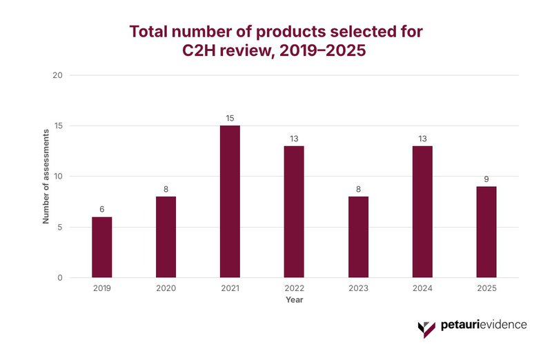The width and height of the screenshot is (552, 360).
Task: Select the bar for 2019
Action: coord(101,247)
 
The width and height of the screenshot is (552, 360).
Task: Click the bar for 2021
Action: coord(230,201)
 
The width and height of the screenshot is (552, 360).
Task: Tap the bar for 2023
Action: coord(358,237)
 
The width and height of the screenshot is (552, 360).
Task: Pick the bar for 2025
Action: coord(486,232)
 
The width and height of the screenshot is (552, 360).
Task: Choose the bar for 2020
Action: coord(166,237)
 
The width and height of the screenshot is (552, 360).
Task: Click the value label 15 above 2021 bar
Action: coord(230,119)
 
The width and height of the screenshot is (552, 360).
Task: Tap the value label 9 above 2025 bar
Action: coord(486,179)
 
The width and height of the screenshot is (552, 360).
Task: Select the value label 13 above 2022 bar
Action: coord(294,139)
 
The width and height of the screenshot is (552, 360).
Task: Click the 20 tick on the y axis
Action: coord(58,75)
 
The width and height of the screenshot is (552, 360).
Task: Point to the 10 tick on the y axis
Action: coord(58,177)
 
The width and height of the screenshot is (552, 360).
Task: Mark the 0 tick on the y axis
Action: coord(60,278)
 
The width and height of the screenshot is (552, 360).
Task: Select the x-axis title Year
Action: coord(294,300)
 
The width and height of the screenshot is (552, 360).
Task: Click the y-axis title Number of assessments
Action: coord(46,177)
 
